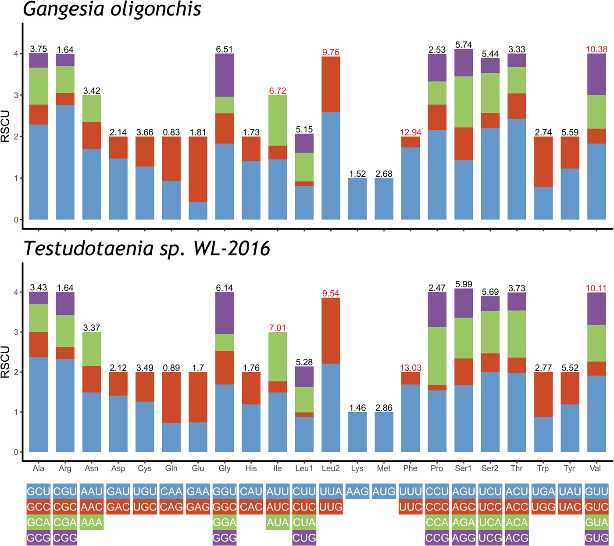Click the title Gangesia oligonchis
112,10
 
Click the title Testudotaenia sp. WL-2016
146,249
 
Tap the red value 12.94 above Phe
411,132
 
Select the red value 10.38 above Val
596,50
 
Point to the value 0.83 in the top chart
171,132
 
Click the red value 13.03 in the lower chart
411,368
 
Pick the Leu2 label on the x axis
331,468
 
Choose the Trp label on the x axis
543,468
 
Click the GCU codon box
39,492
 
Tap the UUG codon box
331,507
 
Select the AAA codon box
92,523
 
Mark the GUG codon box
596,538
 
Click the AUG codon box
384,492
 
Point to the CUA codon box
304,523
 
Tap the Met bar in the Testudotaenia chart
384,432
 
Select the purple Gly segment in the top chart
225,75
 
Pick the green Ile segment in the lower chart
278,357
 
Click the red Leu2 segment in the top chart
331,84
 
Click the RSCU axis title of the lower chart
5,362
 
